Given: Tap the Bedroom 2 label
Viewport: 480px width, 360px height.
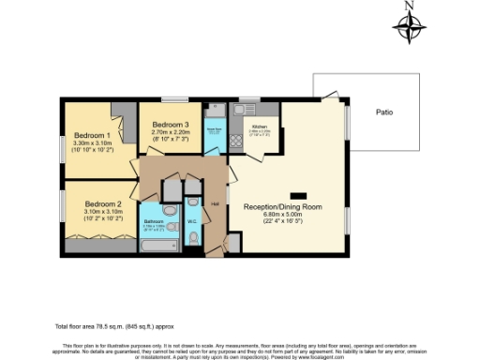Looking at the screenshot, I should [103, 203].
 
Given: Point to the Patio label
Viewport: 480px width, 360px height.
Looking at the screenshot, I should [384, 112].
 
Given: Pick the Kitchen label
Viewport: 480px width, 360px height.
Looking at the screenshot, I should [260, 125].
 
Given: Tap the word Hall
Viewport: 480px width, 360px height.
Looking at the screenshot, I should [215, 203].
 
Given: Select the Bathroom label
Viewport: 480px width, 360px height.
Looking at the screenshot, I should [155, 222].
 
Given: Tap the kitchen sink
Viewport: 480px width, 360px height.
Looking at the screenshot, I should [251, 105].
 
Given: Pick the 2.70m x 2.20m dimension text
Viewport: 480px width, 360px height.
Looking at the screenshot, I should [171, 133].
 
